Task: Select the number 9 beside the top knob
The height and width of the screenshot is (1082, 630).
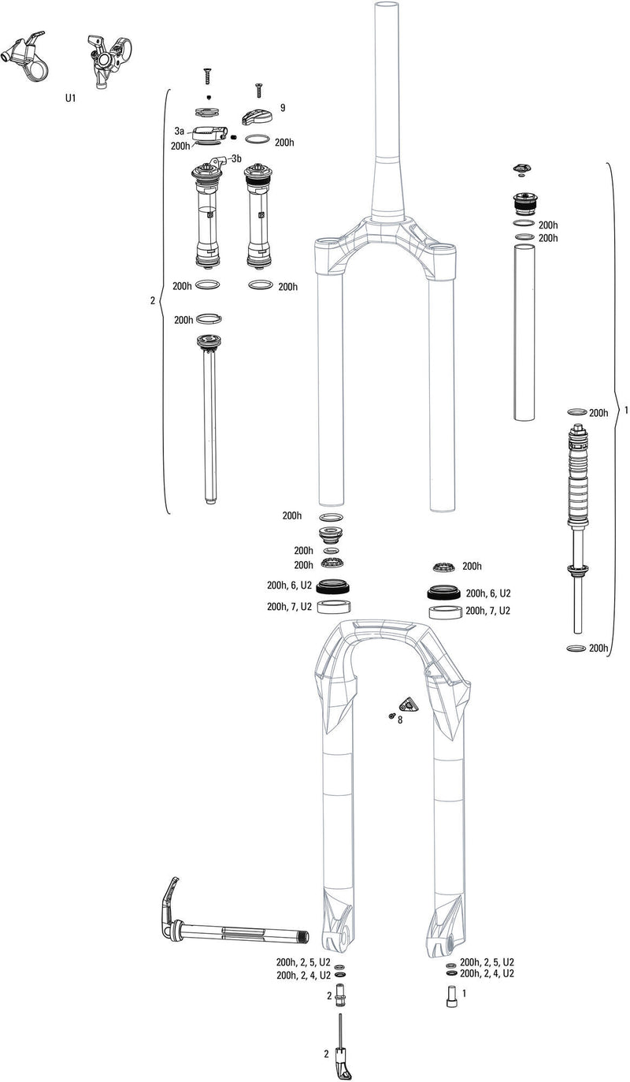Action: point(282,107)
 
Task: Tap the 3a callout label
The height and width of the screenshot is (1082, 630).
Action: point(180,131)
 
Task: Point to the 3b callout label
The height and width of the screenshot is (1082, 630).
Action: point(236,158)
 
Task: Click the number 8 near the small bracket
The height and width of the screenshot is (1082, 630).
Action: point(399,719)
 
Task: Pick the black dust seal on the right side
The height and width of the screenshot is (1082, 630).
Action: point(445,593)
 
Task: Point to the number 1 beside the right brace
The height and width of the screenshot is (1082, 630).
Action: point(625,411)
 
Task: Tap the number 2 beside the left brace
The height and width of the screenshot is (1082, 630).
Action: point(152,300)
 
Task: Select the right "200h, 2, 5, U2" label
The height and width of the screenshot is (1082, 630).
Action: point(487,962)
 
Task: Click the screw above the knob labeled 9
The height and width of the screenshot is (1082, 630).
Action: point(257,92)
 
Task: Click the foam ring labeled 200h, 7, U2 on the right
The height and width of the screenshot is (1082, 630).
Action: point(445,612)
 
